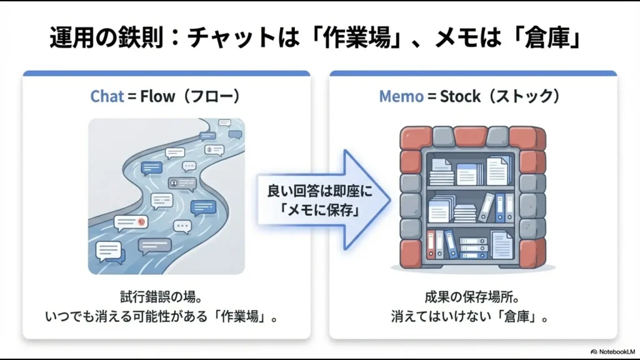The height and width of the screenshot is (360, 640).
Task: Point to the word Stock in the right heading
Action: tap(461, 96)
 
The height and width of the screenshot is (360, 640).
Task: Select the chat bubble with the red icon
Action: tap(131, 221)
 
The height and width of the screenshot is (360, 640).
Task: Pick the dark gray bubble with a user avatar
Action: tap(182, 183)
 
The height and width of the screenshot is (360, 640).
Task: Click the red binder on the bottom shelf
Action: tap(431, 243)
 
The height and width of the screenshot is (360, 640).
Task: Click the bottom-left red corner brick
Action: tap(411, 252)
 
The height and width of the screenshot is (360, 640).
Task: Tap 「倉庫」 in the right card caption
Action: tap(524, 316)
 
